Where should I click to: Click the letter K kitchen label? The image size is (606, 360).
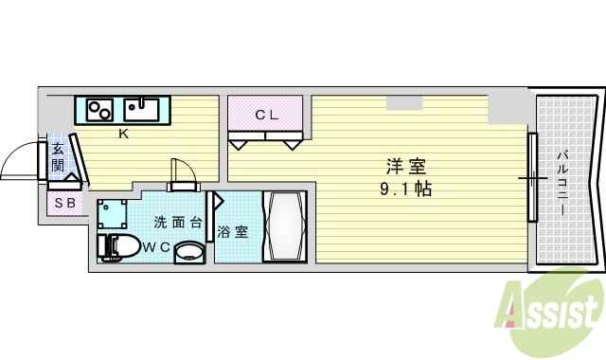coord(123,134)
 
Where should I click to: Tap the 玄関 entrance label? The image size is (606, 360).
coord(58,156)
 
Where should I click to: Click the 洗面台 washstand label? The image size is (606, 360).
coord(178,224)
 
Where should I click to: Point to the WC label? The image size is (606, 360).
coord(155,247)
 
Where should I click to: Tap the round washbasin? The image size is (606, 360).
coord(189,253)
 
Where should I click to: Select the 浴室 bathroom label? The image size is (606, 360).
coord(233,231)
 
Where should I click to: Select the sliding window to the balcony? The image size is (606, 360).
coord(532,177)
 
